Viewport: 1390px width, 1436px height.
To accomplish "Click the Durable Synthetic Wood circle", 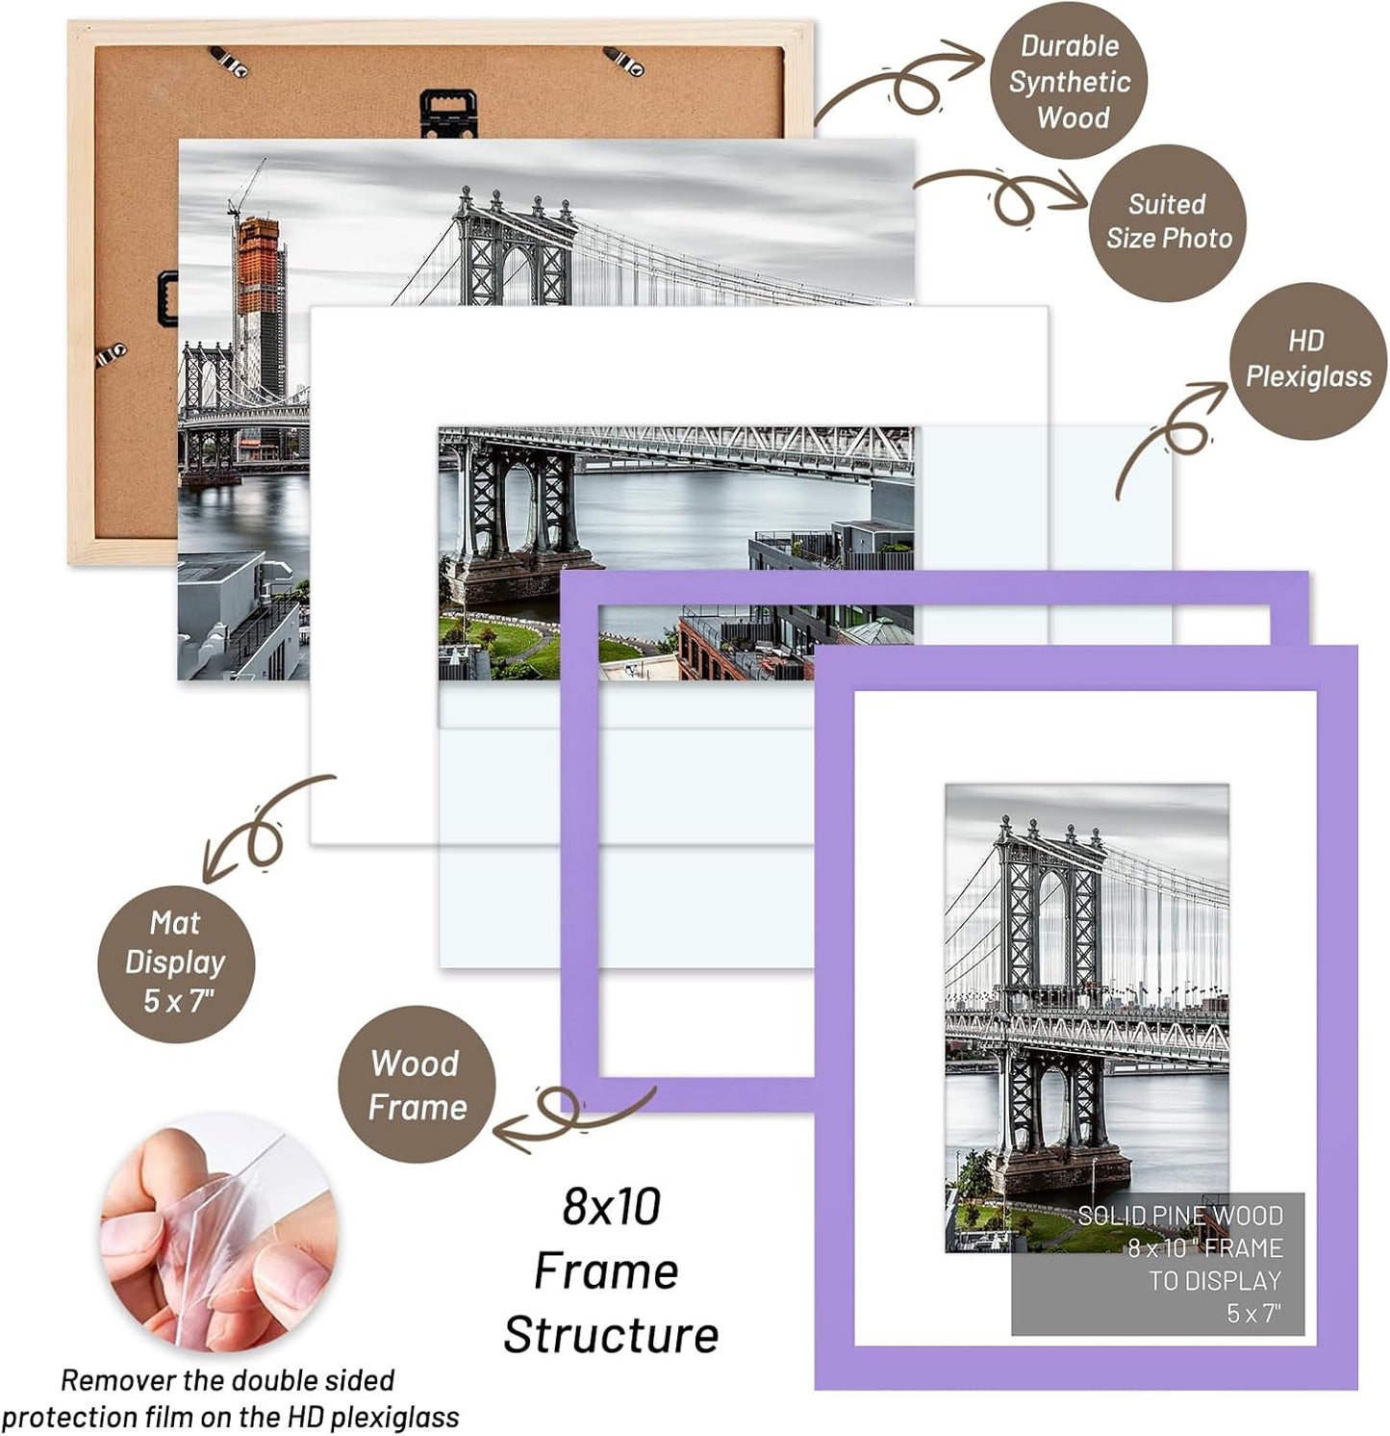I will tap(1069, 81).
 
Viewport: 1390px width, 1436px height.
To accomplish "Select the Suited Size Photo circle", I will tap(1168, 222).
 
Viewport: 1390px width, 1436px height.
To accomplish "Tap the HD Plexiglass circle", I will tap(1307, 360).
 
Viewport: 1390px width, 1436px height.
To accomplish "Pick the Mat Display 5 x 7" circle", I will tap(176, 962).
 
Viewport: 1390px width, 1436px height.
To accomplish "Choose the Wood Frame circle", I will tap(417, 1085).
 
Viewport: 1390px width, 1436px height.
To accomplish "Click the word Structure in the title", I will tap(610, 1336).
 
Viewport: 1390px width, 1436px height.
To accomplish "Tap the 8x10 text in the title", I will tap(612, 1207).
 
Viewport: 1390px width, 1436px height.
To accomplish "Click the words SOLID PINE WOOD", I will tap(1179, 1216).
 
